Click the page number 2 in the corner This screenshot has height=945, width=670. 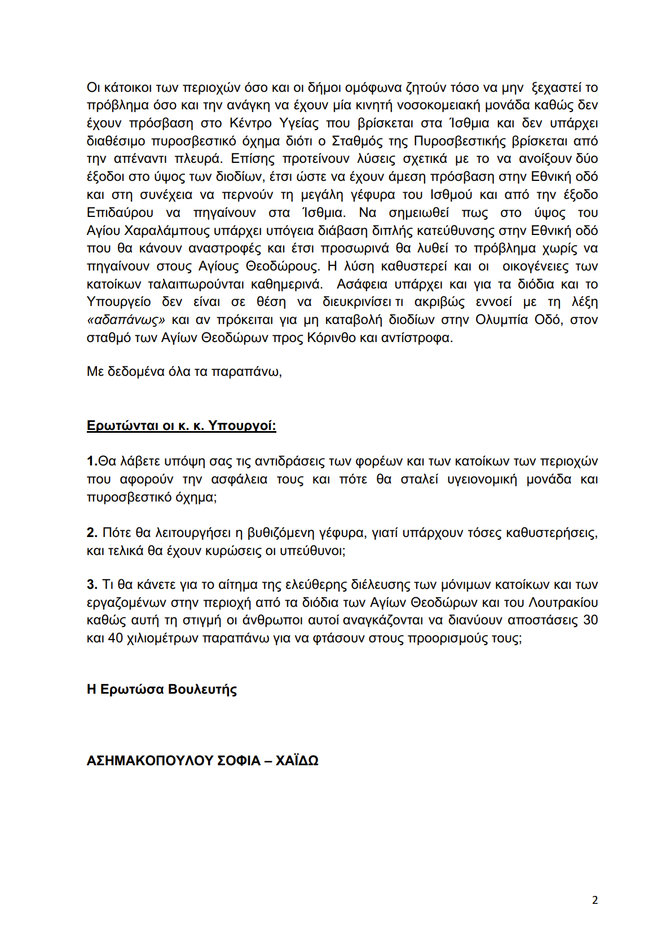[594, 900]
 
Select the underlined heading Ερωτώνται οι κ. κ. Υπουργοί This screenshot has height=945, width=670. [181, 425]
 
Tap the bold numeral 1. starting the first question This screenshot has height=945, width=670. [92, 462]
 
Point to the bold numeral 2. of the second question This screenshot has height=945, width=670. [92, 533]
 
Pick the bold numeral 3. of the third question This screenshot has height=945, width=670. [92, 584]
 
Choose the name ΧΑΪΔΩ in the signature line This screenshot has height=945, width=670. [297, 761]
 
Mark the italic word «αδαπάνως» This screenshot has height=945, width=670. [126, 320]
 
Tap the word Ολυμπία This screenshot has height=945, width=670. [501, 320]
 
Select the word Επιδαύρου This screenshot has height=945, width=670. [120, 212]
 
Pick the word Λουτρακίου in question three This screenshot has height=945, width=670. [563, 602]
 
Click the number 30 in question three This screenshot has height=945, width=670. [590, 620]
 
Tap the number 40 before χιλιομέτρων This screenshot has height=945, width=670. [115, 638]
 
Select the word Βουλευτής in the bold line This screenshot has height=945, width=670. [202, 689]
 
